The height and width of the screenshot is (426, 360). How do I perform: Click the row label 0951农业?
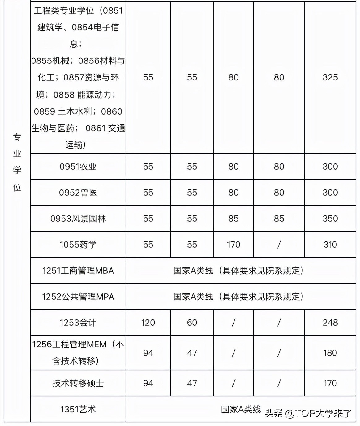(78, 167)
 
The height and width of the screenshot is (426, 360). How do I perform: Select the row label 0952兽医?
(78, 193)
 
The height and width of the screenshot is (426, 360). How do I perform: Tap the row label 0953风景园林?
(78, 219)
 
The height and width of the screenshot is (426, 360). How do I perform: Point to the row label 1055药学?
(78, 245)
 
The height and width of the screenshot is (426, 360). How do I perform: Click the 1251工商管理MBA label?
(78, 271)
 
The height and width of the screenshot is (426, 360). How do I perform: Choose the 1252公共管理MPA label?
(78, 297)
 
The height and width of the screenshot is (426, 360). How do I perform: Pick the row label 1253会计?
(78, 323)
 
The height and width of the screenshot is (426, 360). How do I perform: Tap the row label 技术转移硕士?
(78, 383)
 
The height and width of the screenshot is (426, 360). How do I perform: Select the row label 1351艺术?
(78, 409)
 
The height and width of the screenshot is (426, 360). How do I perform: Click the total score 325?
(330, 77)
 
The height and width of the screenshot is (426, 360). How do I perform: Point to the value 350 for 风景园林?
(330, 219)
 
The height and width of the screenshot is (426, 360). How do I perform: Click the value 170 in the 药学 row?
(233, 245)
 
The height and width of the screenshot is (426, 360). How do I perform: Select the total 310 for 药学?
(330, 245)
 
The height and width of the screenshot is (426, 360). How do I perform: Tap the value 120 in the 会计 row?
(148, 323)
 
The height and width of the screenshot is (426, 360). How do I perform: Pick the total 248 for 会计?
(330, 323)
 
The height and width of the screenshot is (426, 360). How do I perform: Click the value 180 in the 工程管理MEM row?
(330, 353)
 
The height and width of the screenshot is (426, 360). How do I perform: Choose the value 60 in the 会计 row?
(192, 323)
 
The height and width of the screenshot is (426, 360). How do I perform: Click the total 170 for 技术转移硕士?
(330, 383)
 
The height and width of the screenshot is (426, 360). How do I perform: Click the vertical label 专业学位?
(17, 162)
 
